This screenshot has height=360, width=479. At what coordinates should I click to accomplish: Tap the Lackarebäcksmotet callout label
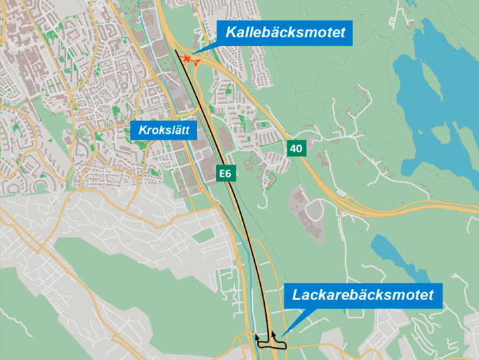tap(363, 294)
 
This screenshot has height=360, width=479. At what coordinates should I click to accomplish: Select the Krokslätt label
tap(165, 130)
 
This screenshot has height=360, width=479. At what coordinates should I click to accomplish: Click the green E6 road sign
tap(227, 174)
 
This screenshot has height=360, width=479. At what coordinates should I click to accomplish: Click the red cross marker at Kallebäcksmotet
tap(187, 59)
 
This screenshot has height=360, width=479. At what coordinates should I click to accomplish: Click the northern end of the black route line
tap(176, 51)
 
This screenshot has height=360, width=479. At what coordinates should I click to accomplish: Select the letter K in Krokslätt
tap(142, 130)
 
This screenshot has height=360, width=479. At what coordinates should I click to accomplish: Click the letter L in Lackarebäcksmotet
tap(295, 294)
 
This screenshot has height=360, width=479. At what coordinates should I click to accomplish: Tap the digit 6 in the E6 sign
tap(230, 174)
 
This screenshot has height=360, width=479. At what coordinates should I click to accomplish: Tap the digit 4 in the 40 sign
tap(293, 149)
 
